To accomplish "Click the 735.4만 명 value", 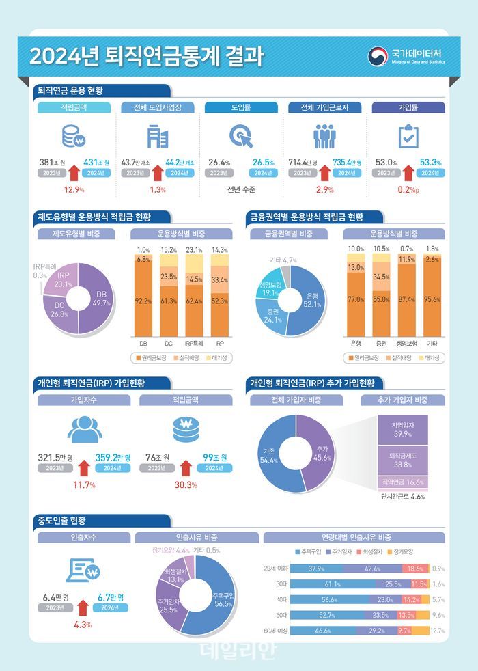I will (347, 162).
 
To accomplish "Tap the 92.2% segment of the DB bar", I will (143, 301).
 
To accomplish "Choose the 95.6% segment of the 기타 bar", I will (432, 299).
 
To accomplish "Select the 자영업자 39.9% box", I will (402, 429).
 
